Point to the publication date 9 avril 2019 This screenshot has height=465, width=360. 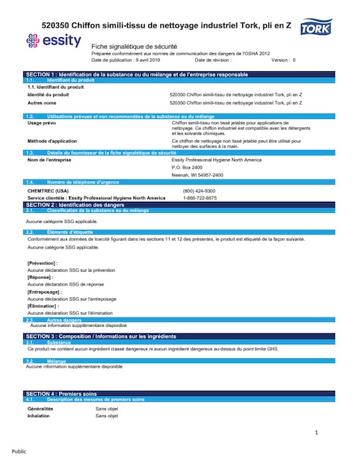point(145,60)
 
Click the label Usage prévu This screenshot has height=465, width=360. point(41,124)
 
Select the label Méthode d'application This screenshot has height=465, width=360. point(52,140)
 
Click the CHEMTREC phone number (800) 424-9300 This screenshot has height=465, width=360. point(199,191)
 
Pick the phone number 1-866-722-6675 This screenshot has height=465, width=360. point(199,198)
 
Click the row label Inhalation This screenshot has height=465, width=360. point(40,416)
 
